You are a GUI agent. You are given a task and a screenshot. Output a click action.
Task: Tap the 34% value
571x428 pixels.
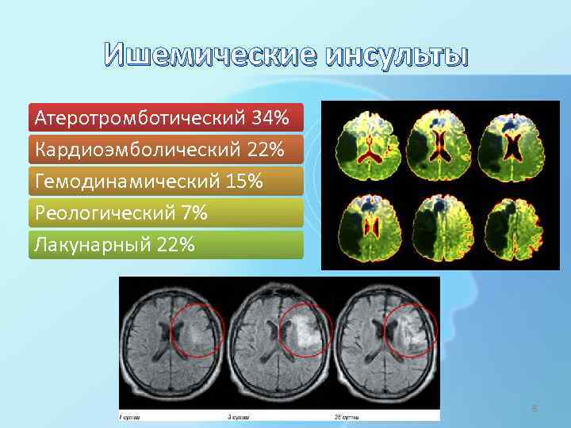click(270, 118)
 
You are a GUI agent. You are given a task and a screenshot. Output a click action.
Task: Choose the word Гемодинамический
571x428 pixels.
click(128, 182)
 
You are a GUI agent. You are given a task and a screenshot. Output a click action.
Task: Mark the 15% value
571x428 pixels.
click(243, 182)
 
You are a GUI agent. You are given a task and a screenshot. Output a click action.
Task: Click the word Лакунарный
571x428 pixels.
click(94, 245)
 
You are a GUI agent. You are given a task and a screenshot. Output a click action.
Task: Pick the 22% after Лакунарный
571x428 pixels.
click(175, 245)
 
